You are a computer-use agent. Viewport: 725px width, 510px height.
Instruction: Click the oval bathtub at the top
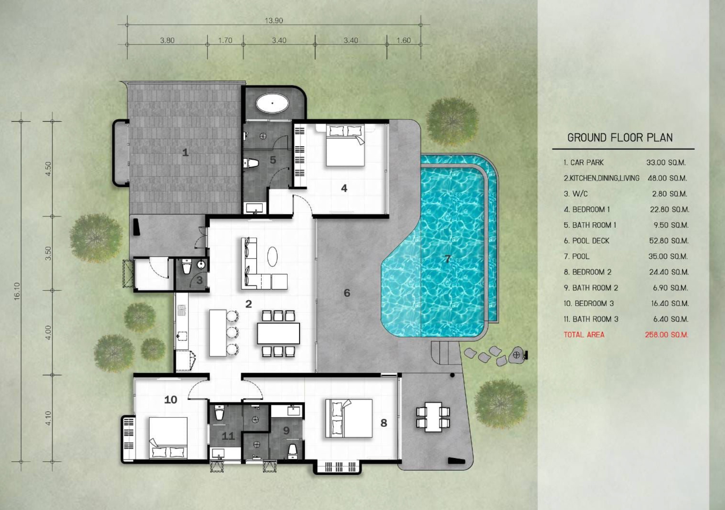[272, 104]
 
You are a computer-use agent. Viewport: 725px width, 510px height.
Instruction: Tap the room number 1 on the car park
[185, 152]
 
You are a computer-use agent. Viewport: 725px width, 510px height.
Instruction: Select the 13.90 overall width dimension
[274, 21]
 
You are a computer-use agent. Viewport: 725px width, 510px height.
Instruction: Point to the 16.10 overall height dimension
[17, 291]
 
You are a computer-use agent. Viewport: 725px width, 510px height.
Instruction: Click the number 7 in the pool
[447, 259]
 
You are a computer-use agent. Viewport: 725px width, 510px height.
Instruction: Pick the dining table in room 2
[278, 333]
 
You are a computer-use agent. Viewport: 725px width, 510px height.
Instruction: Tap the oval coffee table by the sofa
[273, 257]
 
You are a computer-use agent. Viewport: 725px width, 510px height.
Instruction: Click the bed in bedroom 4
[345, 145]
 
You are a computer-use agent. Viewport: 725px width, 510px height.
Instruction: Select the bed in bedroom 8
[349, 418]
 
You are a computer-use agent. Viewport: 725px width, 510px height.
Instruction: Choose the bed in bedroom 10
[168, 438]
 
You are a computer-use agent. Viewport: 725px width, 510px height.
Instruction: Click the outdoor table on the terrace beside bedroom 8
[433, 417]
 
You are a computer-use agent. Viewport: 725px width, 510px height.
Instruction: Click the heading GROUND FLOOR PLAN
[620, 138]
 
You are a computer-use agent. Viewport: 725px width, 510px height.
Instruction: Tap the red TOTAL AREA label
[584, 335]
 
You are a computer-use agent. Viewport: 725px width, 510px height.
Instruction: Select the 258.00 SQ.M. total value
[667, 335]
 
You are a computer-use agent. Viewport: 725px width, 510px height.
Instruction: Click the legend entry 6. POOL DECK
[586, 241]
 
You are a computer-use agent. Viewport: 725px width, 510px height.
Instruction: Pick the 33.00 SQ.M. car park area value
[666, 163]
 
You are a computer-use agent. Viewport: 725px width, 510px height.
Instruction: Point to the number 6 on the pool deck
[347, 293]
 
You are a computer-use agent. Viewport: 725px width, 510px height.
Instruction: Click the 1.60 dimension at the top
[404, 40]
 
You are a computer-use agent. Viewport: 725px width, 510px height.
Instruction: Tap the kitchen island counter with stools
[218, 333]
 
